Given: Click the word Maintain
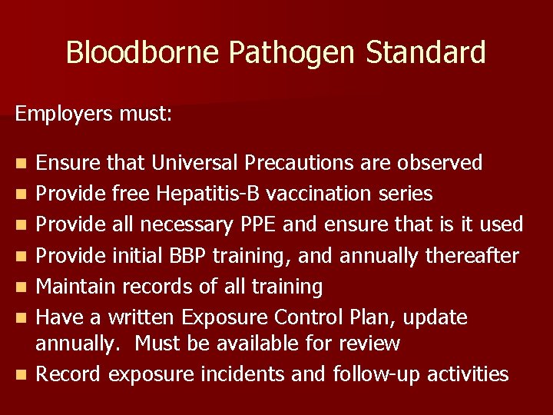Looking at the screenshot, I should (71, 287).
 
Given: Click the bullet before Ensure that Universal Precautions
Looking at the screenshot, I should (22, 164).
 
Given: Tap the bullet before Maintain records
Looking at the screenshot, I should (22, 287).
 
